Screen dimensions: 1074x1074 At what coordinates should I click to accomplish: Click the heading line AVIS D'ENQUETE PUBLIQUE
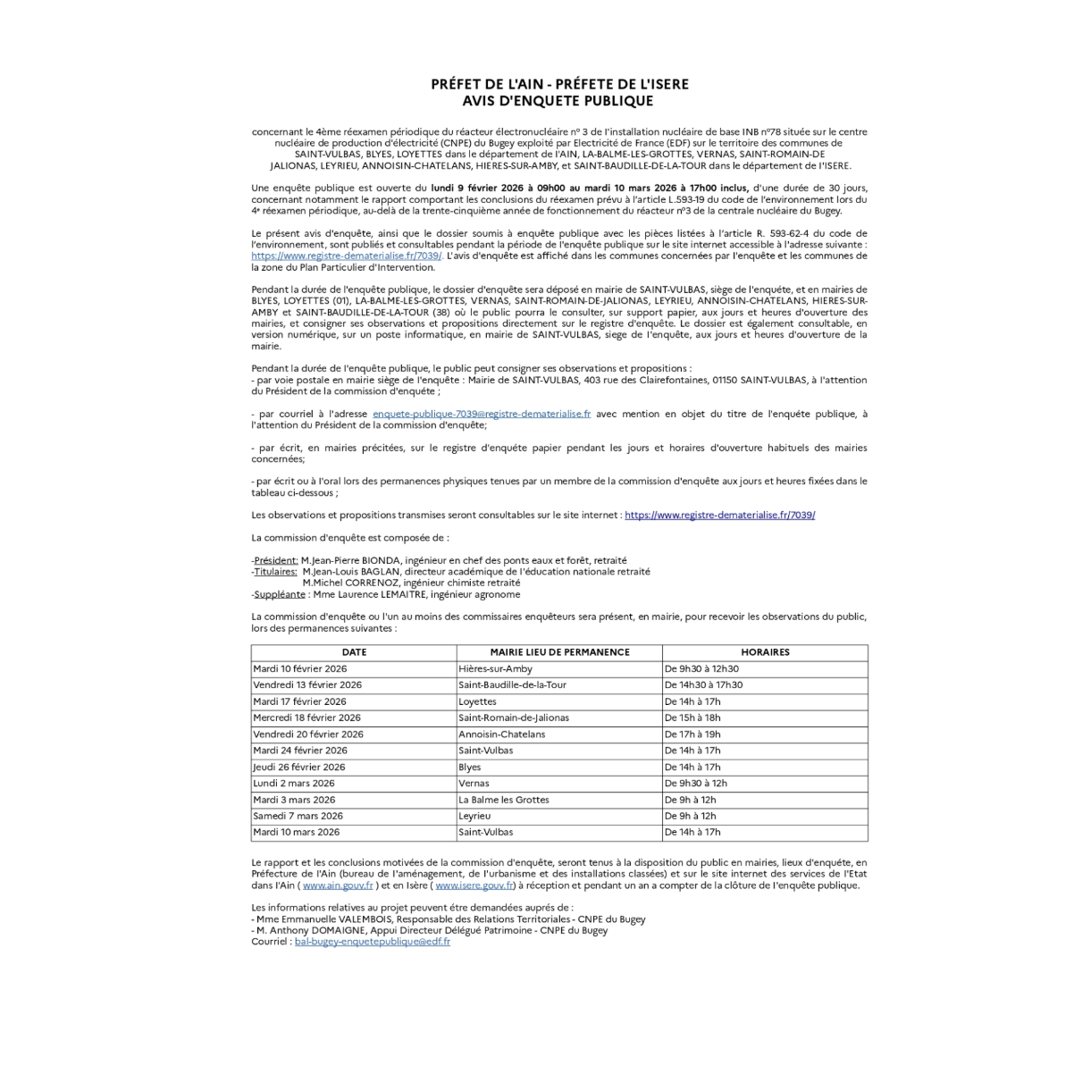coord(559,101)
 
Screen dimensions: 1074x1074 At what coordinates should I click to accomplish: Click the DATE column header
coord(354,652)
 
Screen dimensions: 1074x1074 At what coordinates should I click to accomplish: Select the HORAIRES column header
coord(765,652)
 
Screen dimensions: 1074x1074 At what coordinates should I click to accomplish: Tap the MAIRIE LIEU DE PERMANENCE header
coord(559,652)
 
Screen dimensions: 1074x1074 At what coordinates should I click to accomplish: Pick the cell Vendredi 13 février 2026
coord(307,684)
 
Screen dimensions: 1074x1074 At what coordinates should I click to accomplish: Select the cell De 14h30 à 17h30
coord(703,684)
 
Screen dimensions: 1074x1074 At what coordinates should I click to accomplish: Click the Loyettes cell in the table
coord(477,701)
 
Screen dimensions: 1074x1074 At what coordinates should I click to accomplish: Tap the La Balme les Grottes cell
coord(503,800)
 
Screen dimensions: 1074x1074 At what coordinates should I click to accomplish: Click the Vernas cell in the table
coord(474,783)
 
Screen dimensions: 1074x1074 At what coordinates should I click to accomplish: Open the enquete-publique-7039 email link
coord(481,414)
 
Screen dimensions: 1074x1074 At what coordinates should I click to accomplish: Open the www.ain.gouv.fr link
coord(338,885)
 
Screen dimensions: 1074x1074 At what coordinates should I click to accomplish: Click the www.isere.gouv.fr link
coord(474,885)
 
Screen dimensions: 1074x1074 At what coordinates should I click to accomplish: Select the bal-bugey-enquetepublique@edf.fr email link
coord(372,942)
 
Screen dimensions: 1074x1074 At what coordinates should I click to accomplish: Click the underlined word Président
coord(276,560)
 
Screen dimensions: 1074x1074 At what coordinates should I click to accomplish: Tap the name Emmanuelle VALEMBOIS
coord(338,919)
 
